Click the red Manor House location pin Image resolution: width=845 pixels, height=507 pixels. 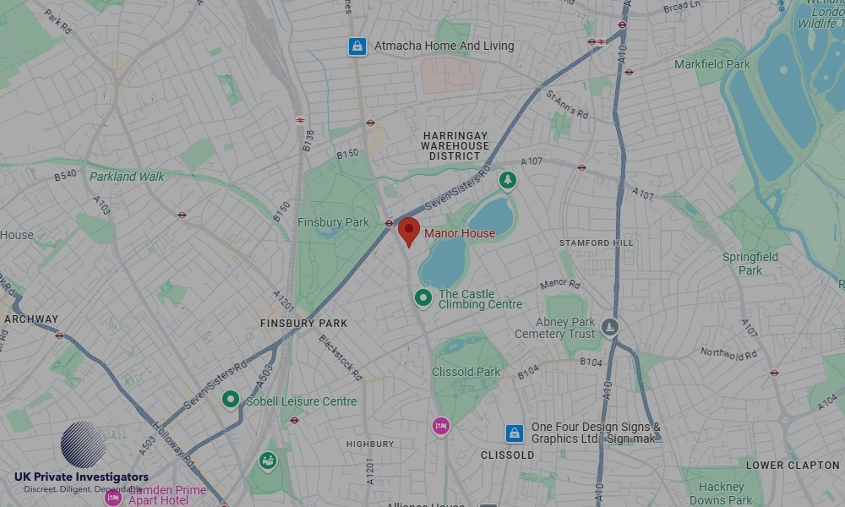click(x=408, y=230)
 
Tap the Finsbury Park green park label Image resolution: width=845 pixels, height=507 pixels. click(x=333, y=222)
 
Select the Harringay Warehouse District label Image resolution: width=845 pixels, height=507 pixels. click(x=455, y=145)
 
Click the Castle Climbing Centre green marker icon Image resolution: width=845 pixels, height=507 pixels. click(x=422, y=297)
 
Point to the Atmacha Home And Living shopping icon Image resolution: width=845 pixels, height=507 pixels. click(x=357, y=46)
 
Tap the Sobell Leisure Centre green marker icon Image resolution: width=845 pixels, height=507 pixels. click(x=230, y=400)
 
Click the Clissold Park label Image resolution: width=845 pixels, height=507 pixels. click(x=466, y=372)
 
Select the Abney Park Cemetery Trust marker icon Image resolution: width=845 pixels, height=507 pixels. click(x=610, y=326)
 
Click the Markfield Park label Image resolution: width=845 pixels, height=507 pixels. click(x=711, y=64)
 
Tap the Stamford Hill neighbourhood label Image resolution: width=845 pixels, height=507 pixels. click(x=596, y=243)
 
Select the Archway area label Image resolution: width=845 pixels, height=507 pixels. click(x=31, y=319)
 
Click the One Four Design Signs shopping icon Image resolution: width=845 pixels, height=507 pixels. click(x=515, y=433)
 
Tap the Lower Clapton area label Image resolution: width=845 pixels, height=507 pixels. click(x=793, y=466)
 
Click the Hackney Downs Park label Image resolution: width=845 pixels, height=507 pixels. click(x=721, y=493)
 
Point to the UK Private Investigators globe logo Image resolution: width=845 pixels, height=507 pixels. click(x=84, y=445)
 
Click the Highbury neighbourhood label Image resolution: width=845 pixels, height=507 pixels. click(x=370, y=444)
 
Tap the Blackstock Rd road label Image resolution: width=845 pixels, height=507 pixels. click(x=341, y=357)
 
